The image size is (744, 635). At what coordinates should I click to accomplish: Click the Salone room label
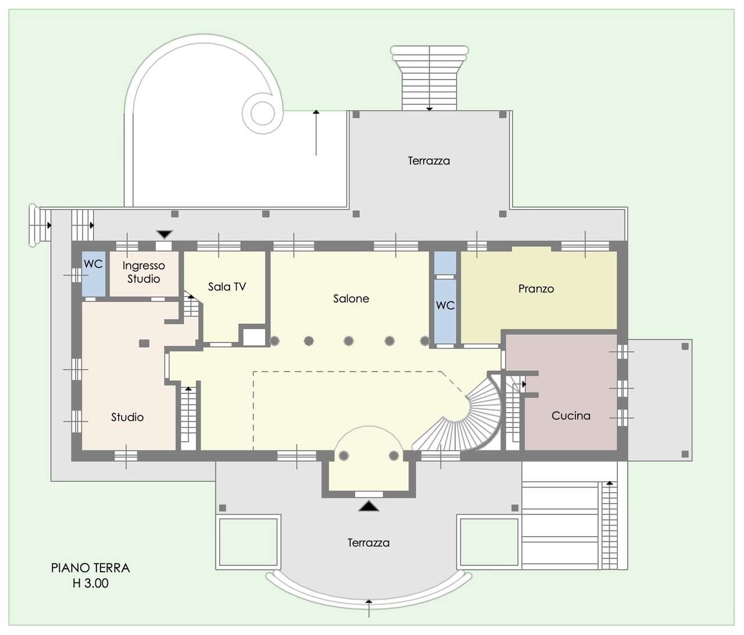351,298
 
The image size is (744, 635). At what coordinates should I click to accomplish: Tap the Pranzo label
536,288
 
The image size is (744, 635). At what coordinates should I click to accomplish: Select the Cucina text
571,416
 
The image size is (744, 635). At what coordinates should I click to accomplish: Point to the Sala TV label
227,286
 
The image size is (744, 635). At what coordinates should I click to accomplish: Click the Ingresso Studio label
144,272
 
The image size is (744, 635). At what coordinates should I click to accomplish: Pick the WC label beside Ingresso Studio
93,264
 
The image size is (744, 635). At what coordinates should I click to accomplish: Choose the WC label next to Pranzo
445,305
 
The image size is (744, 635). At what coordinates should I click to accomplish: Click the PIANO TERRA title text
90,568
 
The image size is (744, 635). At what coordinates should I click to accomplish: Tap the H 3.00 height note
90,583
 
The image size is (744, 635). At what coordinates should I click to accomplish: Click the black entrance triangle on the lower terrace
369,506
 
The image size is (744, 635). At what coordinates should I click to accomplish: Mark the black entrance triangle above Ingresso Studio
165,234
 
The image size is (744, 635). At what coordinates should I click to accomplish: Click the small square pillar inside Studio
144,343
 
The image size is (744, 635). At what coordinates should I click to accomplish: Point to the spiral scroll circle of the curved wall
262,113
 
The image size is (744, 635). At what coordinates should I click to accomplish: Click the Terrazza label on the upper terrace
429,161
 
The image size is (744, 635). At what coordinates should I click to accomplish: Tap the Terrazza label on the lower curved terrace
369,543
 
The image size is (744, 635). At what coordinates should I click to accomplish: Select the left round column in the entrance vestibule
344,456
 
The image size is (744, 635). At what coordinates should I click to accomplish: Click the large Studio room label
127,417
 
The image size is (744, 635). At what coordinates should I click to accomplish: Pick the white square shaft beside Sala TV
254,337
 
